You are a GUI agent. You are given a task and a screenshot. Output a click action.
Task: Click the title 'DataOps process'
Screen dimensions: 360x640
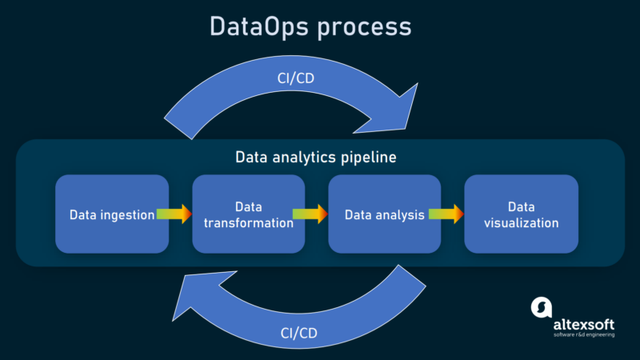pyautogui.click(x=310, y=26)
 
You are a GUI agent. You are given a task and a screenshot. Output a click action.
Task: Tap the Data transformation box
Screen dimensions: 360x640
pyautogui.click(x=248, y=213)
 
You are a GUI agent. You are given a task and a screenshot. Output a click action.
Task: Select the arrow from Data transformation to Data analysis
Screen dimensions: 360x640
pyautogui.click(x=310, y=214)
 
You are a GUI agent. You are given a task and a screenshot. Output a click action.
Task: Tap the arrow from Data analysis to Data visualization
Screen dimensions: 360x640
pyautogui.click(x=446, y=214)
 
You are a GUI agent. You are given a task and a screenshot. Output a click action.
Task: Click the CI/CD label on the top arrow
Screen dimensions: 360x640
pyautogui.click(x=293, y=78)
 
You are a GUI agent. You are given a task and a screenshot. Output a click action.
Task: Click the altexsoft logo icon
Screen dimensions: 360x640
pyautogui.click(x=542, y=308)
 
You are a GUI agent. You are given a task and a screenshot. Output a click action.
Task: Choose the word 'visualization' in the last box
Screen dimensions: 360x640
pyautogui.click(x=521, y=222)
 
